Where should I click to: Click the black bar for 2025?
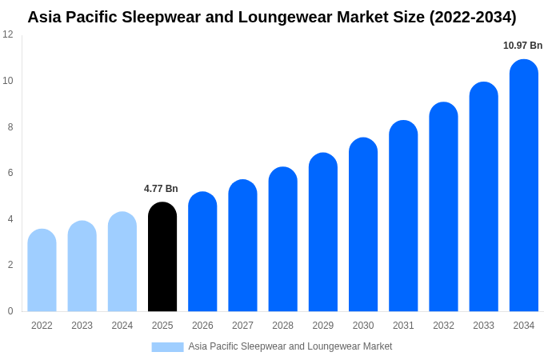tap(162, 258)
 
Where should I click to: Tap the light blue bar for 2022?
tap(42, 271)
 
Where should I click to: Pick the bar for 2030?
tap(363, 226)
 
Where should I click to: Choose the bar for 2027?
tap(242, 246)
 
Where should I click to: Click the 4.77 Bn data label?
tap(161, 189)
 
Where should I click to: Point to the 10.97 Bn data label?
tap(522, 46)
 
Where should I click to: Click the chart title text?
tap(272, 17)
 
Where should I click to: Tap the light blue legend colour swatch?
tap(167, 346)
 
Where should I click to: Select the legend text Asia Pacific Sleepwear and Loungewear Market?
tap(290, 346)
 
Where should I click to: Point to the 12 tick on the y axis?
tap(8, 34)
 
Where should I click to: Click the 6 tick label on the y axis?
tap(10, 173)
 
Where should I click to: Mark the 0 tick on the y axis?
tap(10, 311)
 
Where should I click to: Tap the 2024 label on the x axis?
tap(122, 326)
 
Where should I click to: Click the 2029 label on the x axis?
tap(323, 326)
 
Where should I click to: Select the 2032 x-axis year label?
tap(443, 326)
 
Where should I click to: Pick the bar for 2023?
tap(82, 267)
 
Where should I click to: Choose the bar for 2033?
tap(483, 198)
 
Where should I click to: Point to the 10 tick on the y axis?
tap(8, 81)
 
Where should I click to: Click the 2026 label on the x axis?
tap(202, 326)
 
